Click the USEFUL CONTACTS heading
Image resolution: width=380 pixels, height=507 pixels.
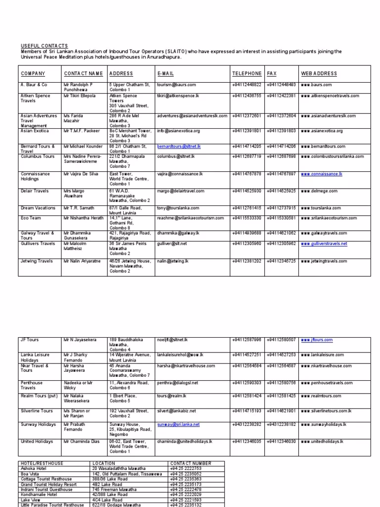pyautogui.click(x=44, y=46)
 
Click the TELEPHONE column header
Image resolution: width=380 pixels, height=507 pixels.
pyautogui.click(x=246, y=74)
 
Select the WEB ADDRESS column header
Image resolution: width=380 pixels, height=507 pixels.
pyautogui.click(x=319, y=74)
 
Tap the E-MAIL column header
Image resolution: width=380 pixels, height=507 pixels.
pyautogui.click(x=166, y=74)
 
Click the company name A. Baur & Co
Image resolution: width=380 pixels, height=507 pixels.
pyautogui.click(x=34, y=85)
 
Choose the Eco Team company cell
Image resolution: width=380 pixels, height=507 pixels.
pyautogui.click(x=32, y=218)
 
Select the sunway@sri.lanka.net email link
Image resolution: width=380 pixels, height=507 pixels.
pyautogui.click(x=179, y=425)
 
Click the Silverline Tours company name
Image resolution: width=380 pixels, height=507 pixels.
pyautogui.click(x=37, y=411)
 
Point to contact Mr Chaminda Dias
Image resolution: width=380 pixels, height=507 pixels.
pyautogui.click(x=82, y=441)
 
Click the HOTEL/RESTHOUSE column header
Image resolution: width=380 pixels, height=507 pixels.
pyautogui.click(x=41, y=463)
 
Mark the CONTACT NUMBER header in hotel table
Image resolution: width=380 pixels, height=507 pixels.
pyautogui.click(x=190, y=463)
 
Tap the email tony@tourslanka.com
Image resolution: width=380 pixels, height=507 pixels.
pyautogui.click(x=178, y=208)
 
